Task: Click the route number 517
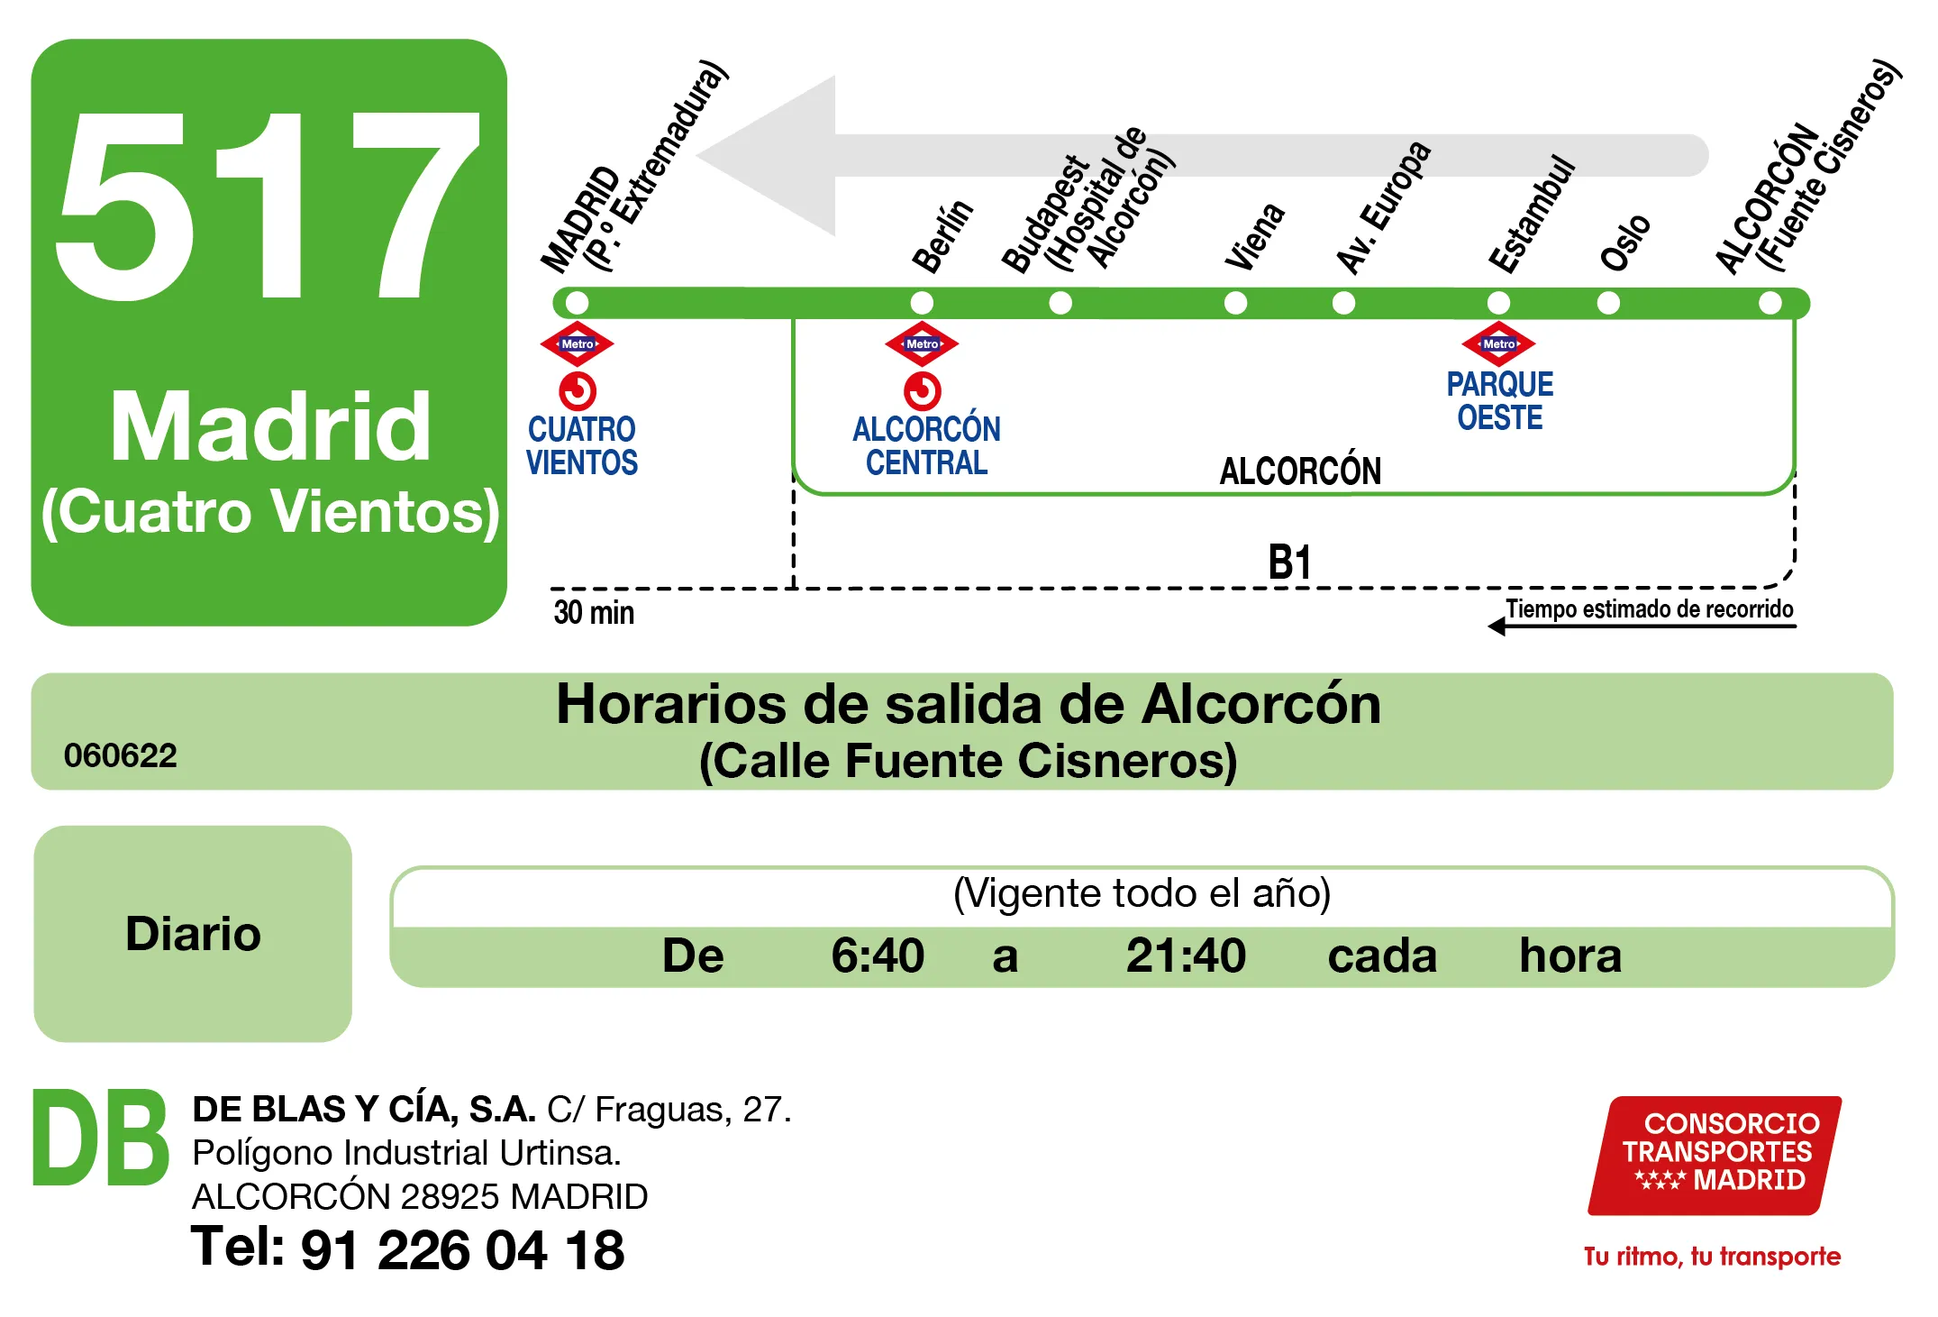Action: pyautogui.click(x=268, y=206)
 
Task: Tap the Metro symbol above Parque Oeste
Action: pyautogui.click(x=1498, y=343)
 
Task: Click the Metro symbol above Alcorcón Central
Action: pyautogui.click(x=922, y=343)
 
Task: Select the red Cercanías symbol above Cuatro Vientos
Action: pyautogui.click(x=578, y=391)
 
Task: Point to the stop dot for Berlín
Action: pyautogui.click(x=922, y=302)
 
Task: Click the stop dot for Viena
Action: pyautogui.click(x=1235, y=302)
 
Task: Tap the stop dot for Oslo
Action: pyautogui.click(x=1608, y=302)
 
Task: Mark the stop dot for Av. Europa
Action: pyautogui.click(x=1343, y=302)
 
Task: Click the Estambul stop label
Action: pyautogui.click(x=1531, y=216)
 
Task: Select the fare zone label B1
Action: pyautogui.click(x=1289, y=562)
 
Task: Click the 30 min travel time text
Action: pyautogui.click(x=594, y=612)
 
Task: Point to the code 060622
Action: pyautogui.click(x=121, y=755)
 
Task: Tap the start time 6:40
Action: pyautogui.click(x=877, y=956)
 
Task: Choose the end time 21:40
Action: pyautogui.click(x=1186, y=956)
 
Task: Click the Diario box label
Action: pyautogui.click(x=193, y=933)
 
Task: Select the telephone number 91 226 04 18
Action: pyautogui.click(x=462, y=1250)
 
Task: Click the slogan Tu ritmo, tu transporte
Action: pyautogui.click(x=1712, y=1256)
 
